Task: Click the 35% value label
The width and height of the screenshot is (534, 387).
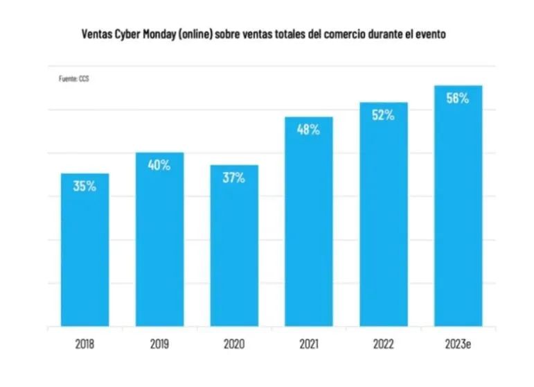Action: click(85, 186)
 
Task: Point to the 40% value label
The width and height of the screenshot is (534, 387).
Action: click(159, 165)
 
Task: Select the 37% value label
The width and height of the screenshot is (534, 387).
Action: click(234, 178)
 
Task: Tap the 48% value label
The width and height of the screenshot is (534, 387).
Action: click(309, 129)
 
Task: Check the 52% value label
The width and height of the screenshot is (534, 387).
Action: click(383, 115)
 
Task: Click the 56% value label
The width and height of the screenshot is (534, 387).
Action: click(458, 98)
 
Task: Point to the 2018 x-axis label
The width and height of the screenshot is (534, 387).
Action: click(85, 343)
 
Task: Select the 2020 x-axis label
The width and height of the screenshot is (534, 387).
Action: click(234, 343)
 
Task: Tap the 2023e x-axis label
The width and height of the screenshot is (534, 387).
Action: click(458, 343)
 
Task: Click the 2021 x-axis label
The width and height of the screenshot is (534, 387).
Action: click(309, 343)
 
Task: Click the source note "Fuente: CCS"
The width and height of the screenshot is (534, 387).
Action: click(73, 79)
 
